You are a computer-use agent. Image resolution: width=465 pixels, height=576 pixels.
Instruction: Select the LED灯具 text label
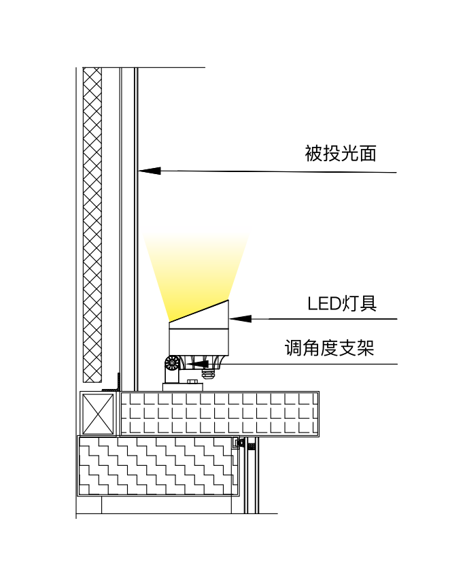point(341,303)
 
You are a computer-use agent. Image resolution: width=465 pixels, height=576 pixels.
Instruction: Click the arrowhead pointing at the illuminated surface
point(149,169)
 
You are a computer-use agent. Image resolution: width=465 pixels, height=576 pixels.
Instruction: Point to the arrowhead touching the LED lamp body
point(241,318)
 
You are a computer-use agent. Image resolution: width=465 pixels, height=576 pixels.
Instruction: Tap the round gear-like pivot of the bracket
point(173,363)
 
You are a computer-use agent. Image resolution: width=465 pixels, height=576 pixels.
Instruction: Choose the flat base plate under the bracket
point(183,387)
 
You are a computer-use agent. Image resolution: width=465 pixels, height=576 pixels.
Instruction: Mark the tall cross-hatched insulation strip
point(92,224)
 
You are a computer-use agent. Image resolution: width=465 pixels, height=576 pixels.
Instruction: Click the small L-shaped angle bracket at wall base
point(116,384)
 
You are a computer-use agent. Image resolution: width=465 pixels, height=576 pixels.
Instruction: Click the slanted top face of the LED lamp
point(199,311)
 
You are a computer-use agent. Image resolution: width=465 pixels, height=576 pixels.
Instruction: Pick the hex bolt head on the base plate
point(192,382)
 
